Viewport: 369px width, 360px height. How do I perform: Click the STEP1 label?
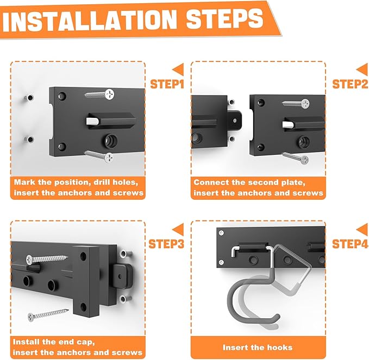point(167,84)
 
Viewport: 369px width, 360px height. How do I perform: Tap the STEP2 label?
point(350,84)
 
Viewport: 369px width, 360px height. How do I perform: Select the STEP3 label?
point(166,244)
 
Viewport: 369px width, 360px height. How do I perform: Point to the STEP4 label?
point(350,244)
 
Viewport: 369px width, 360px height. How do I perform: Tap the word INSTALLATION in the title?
point(90,21)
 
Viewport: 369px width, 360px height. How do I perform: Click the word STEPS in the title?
point(225,18)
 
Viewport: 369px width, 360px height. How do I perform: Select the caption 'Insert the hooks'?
point(258,348)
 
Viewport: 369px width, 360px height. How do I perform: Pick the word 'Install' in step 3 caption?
point(25,342)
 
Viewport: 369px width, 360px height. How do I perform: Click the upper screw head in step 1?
point(109,94)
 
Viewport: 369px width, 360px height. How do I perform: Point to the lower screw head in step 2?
point(304,160)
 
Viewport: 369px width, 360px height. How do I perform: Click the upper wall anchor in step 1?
point(30,98)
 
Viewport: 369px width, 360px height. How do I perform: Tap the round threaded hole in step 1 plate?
point(110,141)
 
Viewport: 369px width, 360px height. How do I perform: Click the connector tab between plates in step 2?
point(234,121)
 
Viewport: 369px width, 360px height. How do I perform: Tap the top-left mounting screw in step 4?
point(221,233)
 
